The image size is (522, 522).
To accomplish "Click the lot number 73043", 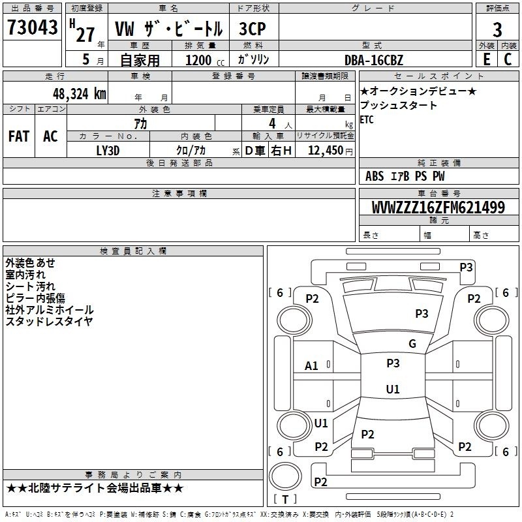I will [33, 27].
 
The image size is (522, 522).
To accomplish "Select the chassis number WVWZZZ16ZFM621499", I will [438, 208].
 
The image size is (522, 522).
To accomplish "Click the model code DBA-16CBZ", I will [374, 60].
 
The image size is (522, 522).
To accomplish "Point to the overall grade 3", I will [497, 30].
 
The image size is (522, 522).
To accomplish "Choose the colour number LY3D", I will [108, 149].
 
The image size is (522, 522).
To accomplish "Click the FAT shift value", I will [19, 136].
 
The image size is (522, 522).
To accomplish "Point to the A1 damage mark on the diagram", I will [312, 366].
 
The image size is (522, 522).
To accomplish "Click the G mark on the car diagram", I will [412, 344].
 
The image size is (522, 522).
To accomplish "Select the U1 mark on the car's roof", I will [393, 390].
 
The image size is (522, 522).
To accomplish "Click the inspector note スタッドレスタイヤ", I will [49, 322].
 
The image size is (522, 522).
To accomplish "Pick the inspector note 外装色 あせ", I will [30, 263].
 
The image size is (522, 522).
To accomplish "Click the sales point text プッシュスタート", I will [399, 105].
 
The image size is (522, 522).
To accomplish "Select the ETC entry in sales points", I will [367, 119].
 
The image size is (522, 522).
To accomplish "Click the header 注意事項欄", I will [179, 194].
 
